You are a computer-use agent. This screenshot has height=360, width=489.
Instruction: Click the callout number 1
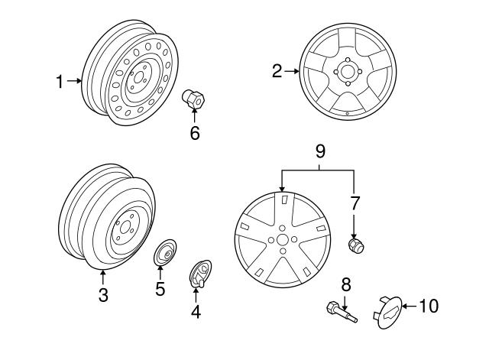coord(60,80)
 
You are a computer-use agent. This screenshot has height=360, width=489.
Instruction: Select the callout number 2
coord(277,73)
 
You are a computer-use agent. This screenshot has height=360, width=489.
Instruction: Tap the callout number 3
coord(104,295)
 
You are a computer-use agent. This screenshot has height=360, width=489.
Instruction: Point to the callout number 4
coord(195,312)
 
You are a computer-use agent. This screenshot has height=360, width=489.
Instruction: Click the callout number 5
coord(160,289)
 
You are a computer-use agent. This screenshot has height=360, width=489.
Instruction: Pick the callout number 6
coord(194,132)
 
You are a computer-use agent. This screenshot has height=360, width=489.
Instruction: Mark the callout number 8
coord(345,284)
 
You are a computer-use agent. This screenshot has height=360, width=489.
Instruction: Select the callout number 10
coord(429,306)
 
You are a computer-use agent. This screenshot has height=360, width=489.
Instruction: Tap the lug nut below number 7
coord(355,245)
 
